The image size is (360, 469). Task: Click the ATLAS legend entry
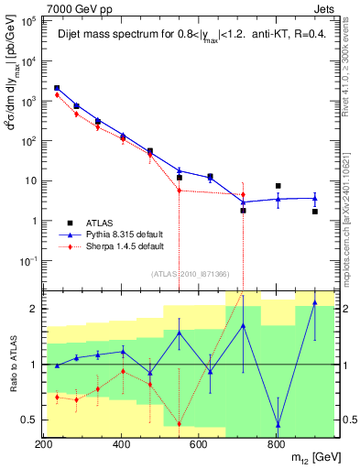101,223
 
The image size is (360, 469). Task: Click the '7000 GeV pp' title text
72,7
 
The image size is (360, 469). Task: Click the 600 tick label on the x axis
200,444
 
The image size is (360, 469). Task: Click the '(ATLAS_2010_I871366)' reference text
190,275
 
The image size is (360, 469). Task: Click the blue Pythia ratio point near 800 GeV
278,425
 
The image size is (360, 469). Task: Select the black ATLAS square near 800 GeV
278,186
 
